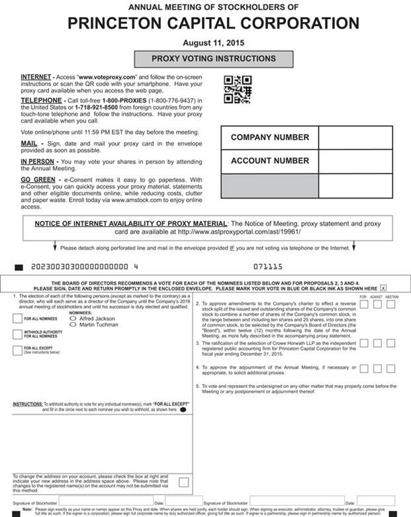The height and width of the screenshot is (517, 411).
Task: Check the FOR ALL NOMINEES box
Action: [x=17, y=318]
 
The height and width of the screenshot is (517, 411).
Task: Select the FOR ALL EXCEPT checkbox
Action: [x=17, y=350]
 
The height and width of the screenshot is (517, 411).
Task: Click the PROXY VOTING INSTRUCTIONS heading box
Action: [x=213, y=59]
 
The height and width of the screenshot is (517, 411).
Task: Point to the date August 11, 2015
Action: [x=213, y=42]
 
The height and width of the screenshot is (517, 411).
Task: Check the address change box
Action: [x=183, y=482]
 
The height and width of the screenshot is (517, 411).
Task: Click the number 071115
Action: [x=267, y=267]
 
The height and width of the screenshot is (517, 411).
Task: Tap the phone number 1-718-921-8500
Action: [x=97, y=107]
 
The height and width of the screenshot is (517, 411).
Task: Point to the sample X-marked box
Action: [x=383, y=289]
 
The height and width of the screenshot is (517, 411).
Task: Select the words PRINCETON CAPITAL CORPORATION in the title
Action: [x=213, y=24]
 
